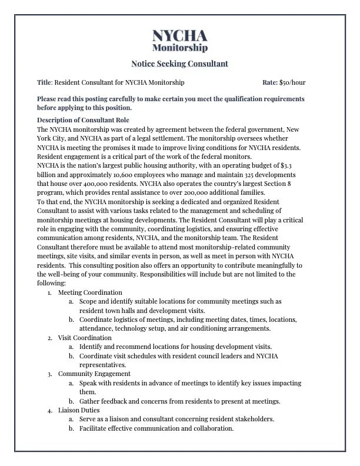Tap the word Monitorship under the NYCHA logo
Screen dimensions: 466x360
tap(179, 47)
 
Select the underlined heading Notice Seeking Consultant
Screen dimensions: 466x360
tap(179, 63)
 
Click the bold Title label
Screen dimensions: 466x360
tap(44, 82)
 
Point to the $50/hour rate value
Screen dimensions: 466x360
tap(292, 82)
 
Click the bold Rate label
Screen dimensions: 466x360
tap(269, 82)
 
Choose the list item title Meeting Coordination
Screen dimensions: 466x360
tap(90, 292)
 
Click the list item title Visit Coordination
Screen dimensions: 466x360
tap(85, 338)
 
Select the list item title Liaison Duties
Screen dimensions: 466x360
tap(79, 410)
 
